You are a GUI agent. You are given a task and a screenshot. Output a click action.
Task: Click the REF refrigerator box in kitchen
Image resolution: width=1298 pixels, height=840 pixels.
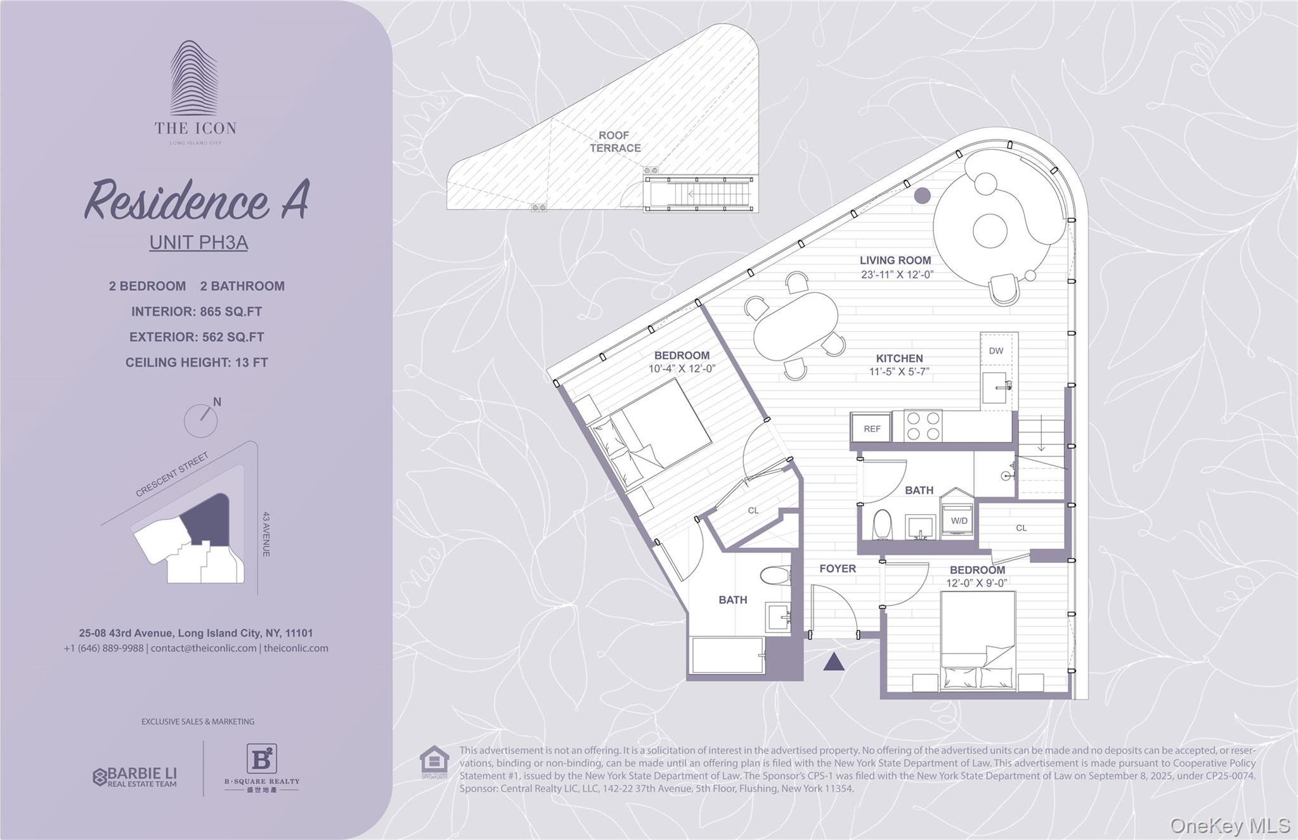click(871, 429)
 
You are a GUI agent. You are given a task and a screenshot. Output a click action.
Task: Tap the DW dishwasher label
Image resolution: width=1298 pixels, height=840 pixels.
click(996, 351)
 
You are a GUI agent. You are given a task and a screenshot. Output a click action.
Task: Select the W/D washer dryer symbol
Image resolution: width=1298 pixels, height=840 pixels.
click(958, 520)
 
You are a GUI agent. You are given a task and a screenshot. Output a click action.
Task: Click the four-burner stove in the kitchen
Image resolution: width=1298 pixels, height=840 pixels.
click(923, 426)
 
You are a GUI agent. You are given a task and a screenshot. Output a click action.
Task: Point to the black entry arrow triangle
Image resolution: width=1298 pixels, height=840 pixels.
click(833, 662)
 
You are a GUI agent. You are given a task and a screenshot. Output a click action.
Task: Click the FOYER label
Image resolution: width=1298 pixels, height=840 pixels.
click(837, 569)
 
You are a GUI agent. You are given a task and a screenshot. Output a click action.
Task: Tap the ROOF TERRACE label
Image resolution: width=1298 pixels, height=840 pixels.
click(614, 141)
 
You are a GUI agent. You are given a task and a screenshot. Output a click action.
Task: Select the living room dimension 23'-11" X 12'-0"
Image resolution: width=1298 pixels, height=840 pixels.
click(897, 275)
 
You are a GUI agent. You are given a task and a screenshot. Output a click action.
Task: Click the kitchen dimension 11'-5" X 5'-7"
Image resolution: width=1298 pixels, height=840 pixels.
click(899, 372)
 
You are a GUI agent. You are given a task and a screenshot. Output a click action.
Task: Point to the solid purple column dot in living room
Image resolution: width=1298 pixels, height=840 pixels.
click(922, 195)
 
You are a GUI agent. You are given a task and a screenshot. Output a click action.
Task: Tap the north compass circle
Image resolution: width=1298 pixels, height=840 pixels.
click(200, 420)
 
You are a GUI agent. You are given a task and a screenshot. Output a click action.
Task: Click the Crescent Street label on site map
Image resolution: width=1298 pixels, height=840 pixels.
click(172, 474)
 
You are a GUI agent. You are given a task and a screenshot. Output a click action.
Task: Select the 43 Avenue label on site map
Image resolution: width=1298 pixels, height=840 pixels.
click(266, 534)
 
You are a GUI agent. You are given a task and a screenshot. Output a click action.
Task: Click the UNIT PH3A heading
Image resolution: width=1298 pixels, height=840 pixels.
click(198, 243)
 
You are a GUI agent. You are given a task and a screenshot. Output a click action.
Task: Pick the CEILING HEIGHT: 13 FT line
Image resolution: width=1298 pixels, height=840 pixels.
click(197, 363)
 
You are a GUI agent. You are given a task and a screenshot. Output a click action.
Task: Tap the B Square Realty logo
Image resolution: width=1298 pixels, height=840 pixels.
click(261, 767)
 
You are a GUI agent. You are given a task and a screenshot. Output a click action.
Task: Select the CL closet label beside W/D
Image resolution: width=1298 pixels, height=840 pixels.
click(1021, 527)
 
